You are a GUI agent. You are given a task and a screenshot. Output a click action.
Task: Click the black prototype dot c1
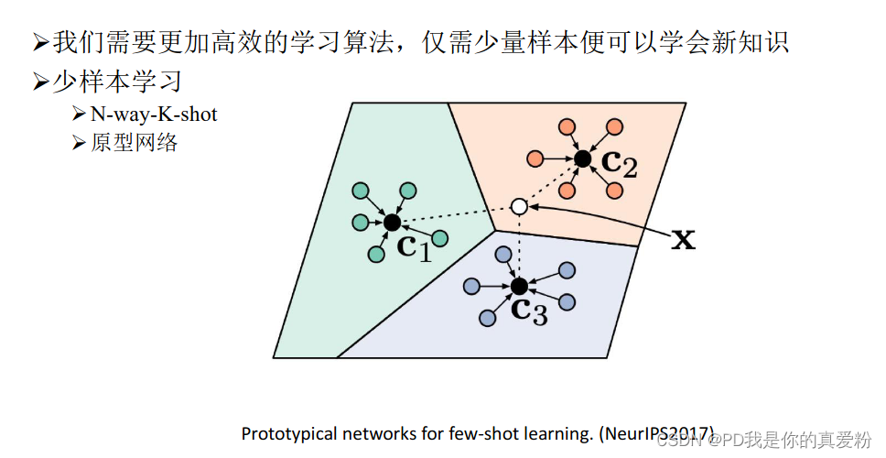coord(392,222)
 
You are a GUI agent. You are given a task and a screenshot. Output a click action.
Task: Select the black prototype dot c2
coord(582,158)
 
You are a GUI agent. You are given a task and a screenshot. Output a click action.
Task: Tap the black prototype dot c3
coord(520,286)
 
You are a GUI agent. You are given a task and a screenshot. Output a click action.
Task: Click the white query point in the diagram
coord(519,206)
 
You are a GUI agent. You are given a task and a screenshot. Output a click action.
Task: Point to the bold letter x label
coord(683,240)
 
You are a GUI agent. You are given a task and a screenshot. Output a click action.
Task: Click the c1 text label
coord(414,245)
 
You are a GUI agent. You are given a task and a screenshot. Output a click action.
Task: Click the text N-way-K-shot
coord(154,114)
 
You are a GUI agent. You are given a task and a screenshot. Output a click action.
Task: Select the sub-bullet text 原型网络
coord(134,143)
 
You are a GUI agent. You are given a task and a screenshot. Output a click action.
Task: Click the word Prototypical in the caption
coord(283,433)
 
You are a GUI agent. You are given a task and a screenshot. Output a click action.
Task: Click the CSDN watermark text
coord(677,441)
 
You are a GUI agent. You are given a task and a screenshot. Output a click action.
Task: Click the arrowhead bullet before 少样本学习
coord(40,82)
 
